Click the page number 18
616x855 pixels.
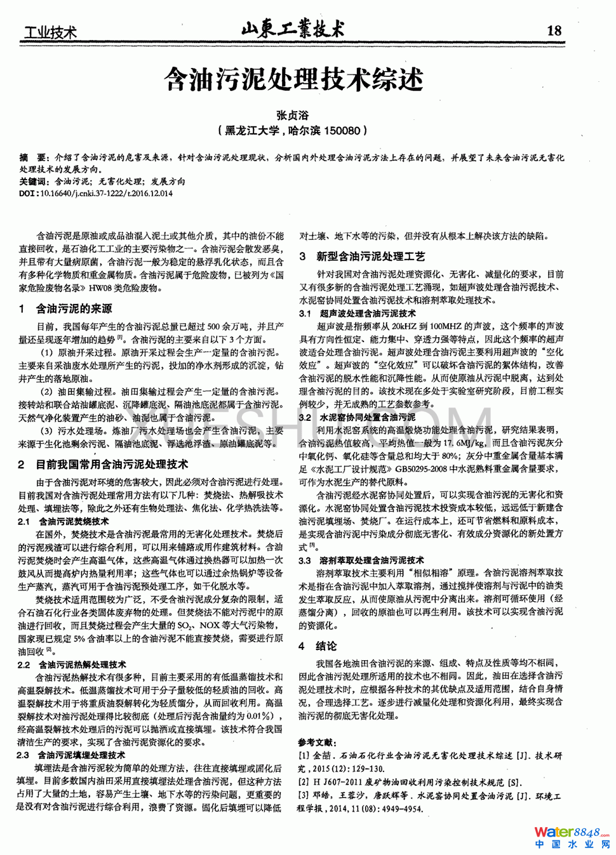554,30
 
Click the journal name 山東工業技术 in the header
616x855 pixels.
293,29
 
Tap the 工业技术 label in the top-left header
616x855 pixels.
50,32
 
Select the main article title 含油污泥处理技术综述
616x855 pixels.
293,80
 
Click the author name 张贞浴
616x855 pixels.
292,116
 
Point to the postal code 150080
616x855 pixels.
342,131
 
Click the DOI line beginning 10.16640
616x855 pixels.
95,193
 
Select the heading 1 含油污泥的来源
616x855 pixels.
66,309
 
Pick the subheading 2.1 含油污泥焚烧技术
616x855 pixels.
64,521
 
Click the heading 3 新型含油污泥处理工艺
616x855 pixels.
363,256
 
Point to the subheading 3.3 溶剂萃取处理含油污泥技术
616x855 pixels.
361,560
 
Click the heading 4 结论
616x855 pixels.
318,646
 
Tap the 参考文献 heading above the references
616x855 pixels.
318,742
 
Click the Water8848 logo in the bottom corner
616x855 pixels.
572,837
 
